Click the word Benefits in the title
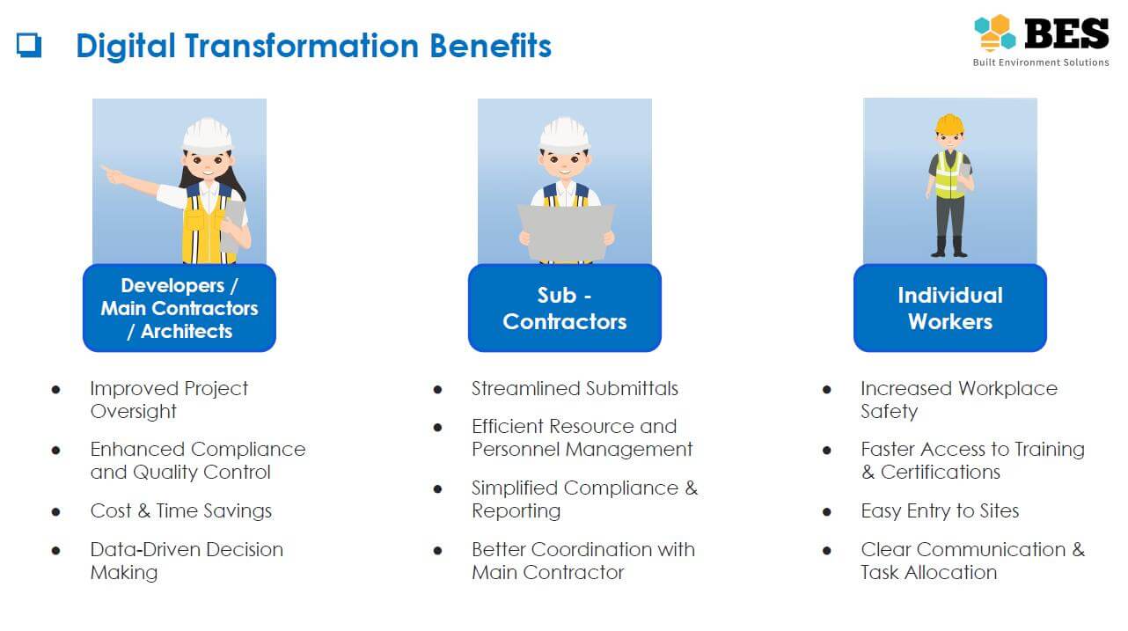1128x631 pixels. coord(490,46)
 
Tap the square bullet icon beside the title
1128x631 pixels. coord(29,46)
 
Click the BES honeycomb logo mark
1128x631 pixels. coord(994,33)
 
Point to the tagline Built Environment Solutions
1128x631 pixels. coord(1040,62)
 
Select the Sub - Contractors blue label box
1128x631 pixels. coord(565,308)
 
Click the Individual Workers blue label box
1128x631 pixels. coord(949,308)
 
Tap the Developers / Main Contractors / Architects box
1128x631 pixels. coord(179,308)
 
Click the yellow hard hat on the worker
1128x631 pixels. coord(949,124)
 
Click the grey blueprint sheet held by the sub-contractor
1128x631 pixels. coord(567,232)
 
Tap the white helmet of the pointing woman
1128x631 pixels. coord(208,135)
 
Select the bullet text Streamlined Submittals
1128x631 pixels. coord(575,389)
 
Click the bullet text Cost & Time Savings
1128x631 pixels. coord(180,511)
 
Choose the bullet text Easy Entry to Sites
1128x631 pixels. coord(940,511)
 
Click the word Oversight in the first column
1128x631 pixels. coord(134,412)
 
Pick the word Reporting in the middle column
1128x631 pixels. coord(516,511)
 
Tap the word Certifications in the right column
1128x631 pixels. coord(941,473)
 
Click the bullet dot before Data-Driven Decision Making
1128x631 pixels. coord(56,551)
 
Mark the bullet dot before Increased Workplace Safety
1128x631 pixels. coord(826,390)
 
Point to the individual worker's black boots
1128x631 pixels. coord(949,246)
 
